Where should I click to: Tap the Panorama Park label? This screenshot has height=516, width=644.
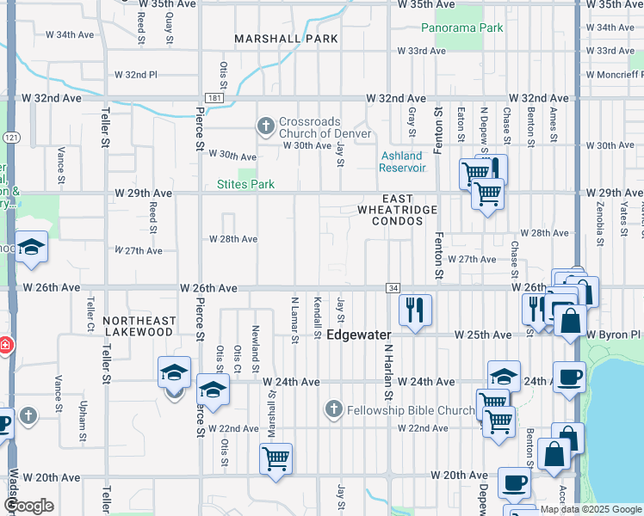462,28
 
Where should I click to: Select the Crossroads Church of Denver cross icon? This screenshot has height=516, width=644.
266,126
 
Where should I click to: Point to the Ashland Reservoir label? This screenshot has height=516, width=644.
402,162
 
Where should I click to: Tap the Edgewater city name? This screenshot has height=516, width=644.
359,335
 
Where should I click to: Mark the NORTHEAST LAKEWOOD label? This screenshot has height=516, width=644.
139,326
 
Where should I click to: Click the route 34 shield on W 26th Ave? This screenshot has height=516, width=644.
393,287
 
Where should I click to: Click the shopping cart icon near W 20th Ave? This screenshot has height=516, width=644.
276,459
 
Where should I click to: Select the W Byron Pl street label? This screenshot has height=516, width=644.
615,334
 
